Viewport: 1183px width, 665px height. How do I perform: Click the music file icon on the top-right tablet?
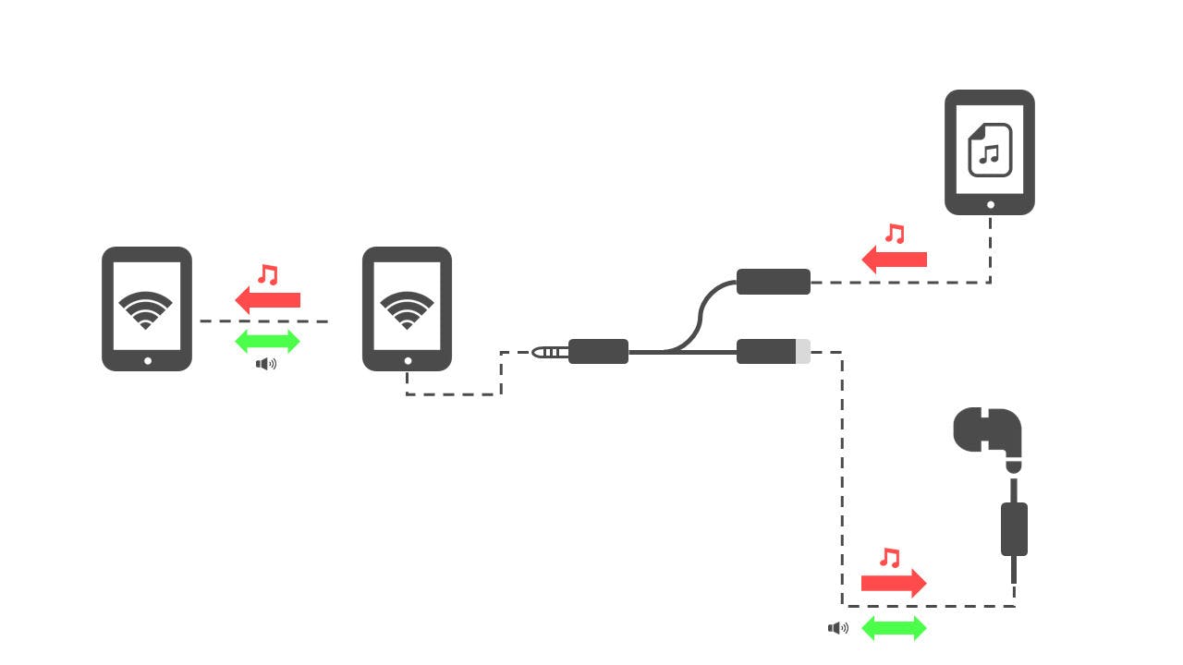click(990, 150)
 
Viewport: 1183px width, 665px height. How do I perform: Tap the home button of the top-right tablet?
click(990, 205)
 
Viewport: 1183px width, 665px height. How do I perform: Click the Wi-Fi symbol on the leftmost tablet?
click(146, 310)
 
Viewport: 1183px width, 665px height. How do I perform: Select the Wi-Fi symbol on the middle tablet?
click(407, 310)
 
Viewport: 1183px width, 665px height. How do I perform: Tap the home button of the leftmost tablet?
click(147, 361)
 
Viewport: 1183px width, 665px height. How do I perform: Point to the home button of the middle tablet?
click(407, 361)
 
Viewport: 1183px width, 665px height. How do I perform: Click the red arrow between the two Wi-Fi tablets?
click(267, 299)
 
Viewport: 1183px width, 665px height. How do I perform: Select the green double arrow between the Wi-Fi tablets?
click(267, 342)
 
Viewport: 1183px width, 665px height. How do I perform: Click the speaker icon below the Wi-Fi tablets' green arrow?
click(266, 364)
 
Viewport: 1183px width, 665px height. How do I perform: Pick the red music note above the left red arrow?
click(268, 274)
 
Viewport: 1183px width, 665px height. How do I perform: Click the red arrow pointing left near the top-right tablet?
click(894, 260)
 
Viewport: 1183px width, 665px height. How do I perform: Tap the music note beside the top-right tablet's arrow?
click(894, 233)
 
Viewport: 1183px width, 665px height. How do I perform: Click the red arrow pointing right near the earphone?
click(894, 583)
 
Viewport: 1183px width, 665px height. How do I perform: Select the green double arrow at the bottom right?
click(894, 629)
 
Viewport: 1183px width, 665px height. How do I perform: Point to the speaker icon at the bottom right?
click(838, 629)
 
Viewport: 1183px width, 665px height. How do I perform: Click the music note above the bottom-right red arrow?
click(889, 558)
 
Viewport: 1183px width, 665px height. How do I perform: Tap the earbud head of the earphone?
click(987, 431)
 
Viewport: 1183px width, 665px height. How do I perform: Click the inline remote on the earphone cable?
click(1014, 529)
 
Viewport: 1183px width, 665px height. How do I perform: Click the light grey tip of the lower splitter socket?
click(802, 352)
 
